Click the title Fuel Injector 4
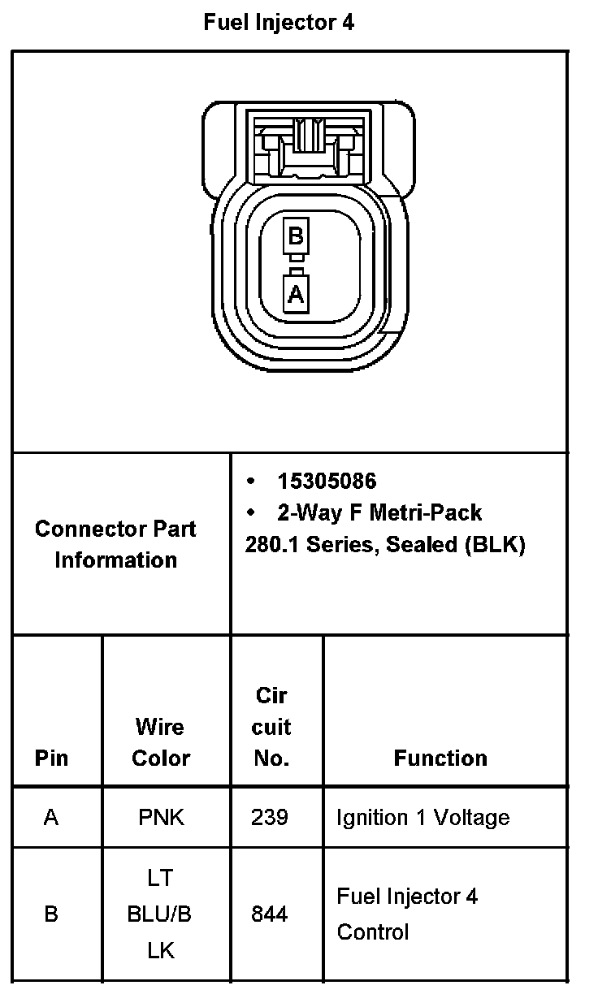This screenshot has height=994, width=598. [279, 23]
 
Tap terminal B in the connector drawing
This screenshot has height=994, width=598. [296, 236]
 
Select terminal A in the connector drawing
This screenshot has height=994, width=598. [296, 292]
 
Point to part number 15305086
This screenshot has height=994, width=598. [327, 482]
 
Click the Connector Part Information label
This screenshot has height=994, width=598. [115, 544]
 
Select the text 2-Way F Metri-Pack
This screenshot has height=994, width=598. [379, 513]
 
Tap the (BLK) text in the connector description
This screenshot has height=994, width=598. [496, 544]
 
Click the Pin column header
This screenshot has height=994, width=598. [51, 758]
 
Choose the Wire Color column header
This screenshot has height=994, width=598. [161, 742]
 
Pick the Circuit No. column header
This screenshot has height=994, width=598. [271, 727]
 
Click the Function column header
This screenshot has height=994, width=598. [440, 758]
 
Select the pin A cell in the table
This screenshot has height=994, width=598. [51, 817]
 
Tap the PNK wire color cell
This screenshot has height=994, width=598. [161, 817]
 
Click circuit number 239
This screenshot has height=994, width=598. [270, 817]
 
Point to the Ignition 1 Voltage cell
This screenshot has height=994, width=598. [422, 817]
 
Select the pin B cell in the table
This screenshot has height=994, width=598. [51, 914]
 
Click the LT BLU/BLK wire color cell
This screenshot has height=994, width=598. [160, 914]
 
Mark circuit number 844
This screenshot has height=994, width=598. [270, 914]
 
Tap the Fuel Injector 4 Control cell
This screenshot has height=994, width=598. [407, 914]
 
